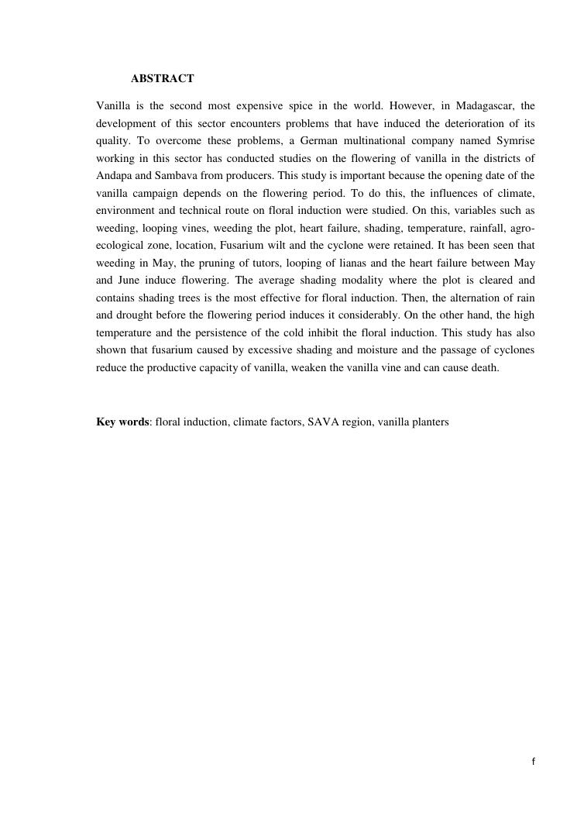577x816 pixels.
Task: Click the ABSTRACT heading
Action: pyautogui.click(x=162, y=79)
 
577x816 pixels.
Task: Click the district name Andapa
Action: pyautogui.click(x=114, y=175)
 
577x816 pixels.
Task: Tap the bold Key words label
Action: pyautogui.click(x=122, y=422)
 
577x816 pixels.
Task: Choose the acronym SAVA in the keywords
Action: pyautogui.click(x=324, y=422)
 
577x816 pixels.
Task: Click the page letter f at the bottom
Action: pyautogui.click(x=533, y=762)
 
